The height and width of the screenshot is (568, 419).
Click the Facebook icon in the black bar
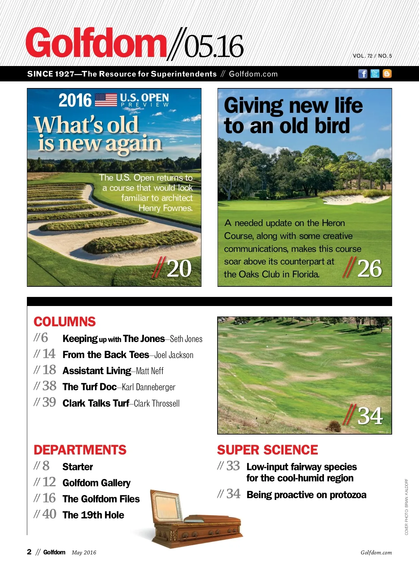(x=363, y=74)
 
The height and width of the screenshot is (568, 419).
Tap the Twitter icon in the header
(x=375, y=74)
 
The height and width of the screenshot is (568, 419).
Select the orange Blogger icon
(x=387, y=74)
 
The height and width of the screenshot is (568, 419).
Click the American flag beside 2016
(x=106, y=100)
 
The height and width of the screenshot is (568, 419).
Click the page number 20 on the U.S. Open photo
(x=179, y=269)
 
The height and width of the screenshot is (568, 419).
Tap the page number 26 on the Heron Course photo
(x=369, y=269)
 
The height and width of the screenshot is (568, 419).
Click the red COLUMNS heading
(x=65, y=322)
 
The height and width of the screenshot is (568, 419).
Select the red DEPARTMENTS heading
(x=80, y=450)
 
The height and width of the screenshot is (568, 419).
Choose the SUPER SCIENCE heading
(x=267, y=450)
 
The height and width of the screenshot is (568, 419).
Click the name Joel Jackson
(x=174, y=355)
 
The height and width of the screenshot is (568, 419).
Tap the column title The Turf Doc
(x=89, y=387)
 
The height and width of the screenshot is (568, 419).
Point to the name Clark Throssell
(x=157, y=403)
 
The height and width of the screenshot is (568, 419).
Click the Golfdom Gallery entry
(x=96, y=483)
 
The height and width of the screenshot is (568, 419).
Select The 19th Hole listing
(x=93, y=515)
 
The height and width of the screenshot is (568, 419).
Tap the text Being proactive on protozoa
(x=306, y=495)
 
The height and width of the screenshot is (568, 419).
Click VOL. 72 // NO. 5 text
(x=372, y=56)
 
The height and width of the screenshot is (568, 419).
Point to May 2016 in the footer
(x=84, y=552)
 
